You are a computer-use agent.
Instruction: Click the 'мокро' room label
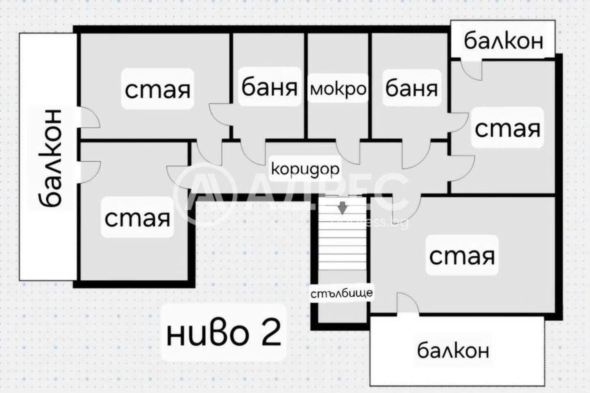338,89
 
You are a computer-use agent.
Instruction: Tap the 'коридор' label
305,170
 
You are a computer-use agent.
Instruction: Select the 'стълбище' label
342,293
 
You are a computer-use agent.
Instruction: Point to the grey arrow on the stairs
342,208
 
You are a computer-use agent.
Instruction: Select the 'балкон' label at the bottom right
453,350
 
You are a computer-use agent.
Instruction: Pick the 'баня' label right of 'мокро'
411,88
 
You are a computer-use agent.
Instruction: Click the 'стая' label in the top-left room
157,90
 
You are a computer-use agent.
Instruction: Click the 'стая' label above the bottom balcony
462,256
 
